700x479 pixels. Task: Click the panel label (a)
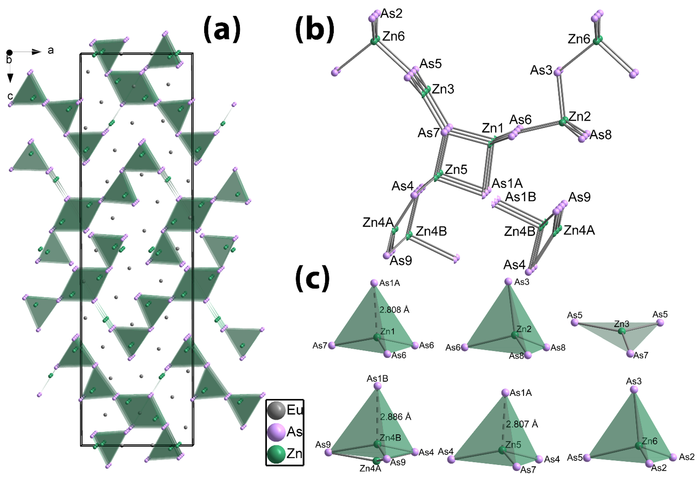coord(222,29)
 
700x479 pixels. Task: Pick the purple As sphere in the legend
coord(276,432)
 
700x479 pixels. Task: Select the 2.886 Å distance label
coord(395,417)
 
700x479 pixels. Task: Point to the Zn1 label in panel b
coord(493,128)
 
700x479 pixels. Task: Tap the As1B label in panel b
coord(520,197)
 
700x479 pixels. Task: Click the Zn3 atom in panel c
coord(622,331)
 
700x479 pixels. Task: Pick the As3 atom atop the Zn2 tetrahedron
coord(508,281)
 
